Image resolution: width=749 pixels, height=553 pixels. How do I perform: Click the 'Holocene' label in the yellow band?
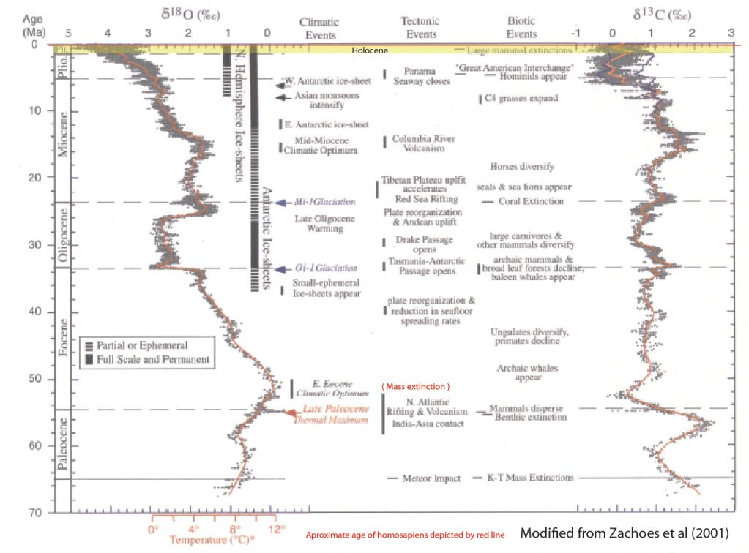point(369,50)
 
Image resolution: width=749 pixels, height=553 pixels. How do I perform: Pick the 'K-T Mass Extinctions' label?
point(530,478)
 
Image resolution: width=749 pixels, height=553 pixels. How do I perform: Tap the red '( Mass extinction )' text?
point(415,386)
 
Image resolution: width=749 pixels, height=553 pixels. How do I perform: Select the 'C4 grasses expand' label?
point(522,98)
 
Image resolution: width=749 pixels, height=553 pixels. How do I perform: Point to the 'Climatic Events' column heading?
point(318,28)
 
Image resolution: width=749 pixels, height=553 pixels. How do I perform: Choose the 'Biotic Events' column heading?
point(521,28)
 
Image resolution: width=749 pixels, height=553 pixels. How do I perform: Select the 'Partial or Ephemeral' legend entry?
point(143,345)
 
